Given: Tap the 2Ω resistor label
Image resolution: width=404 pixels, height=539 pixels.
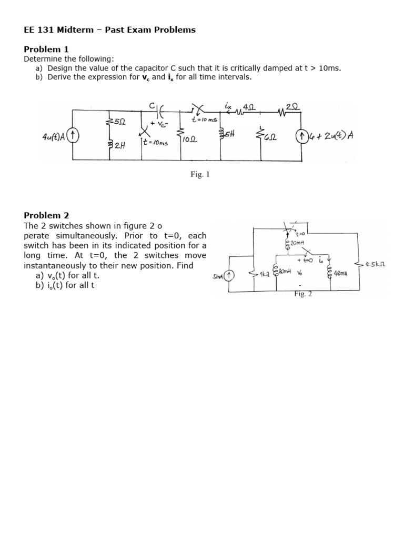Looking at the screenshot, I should (x=292, y=105).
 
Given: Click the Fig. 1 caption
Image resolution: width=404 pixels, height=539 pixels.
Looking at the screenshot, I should (x=200, y=174).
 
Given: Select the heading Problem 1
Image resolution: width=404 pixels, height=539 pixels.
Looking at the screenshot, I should (x=46, y=49).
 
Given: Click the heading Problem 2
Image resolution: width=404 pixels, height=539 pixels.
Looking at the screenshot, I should (x=46, y=215).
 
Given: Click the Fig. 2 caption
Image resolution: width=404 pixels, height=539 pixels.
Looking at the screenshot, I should (x=304, y=294).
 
